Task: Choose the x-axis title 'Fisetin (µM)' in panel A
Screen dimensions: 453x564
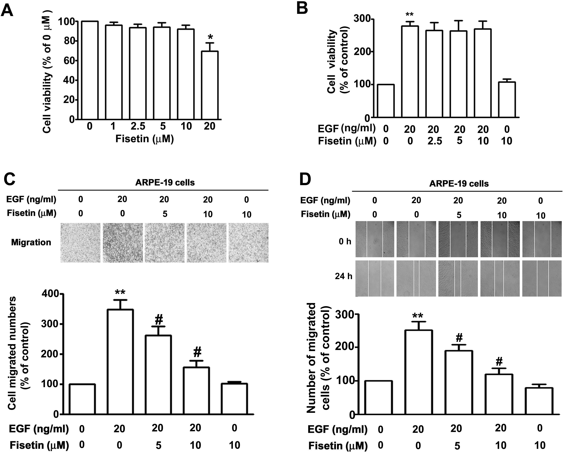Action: (145, 139)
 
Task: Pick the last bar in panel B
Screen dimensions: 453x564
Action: (507, 100)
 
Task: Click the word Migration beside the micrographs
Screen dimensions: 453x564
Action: (31, 242)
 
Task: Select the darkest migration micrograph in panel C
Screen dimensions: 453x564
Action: (123, 243)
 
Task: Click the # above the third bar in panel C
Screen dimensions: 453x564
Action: (159, 320)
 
